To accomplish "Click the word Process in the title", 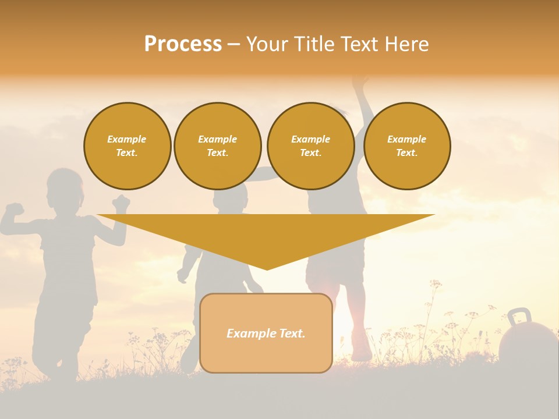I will pyautogui.click(x=183, y=44).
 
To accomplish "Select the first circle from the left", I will pyautogui.click(x=127, y=146).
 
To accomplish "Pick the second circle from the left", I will pyautogui.click(x=217, y=146).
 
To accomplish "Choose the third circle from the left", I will pyautogui.click(x=310, y=146).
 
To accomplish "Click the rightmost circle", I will pyautogui.click(x=406, y=146).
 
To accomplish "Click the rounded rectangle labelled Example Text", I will pyautogui.click(x=266, y=333).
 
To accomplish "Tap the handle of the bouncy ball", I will pyautogui.click(x=519, y=317).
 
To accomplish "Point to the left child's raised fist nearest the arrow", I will pyautogui.click(x=122, y=203).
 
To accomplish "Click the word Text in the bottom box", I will pyautogui.click(x=291, y=333).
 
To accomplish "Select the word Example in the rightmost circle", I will pyautogui.click(x=406, y=139).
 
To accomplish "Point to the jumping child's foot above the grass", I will pyautogui.click(x=361, y=353).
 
